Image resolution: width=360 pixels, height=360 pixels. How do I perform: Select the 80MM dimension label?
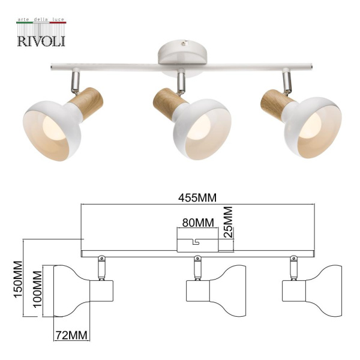[x=198, y=223]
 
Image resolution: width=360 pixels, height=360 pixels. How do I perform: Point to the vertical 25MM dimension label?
[x=228, y=223]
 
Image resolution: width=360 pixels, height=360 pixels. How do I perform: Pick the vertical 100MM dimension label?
[x=37, y=289]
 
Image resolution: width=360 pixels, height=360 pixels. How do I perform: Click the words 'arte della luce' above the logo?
[x=40, y=22]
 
